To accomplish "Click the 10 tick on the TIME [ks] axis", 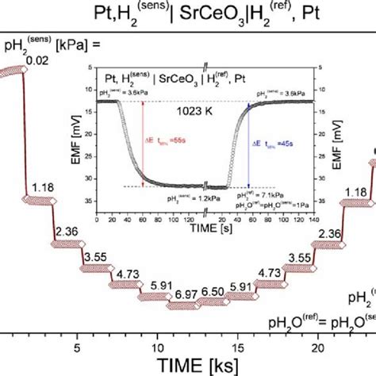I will click(x=158, y=347).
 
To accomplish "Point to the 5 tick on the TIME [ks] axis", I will click(x=77, y=347).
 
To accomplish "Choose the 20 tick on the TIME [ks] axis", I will click(x=317, y=347).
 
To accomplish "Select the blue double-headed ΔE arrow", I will click(x=249, y=143).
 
